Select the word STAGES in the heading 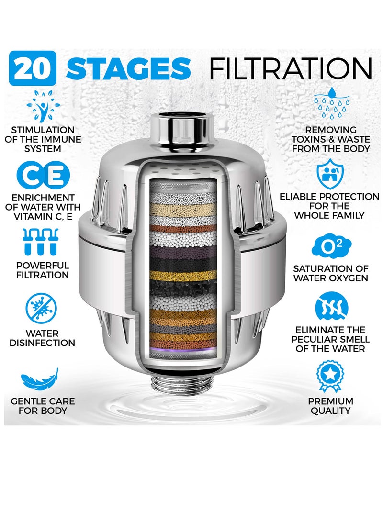(x=128, y=69)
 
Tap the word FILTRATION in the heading (x=291, y=69)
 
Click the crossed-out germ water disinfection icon (x=42, y=309)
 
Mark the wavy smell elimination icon (x=330, y=308)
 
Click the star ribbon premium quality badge (x=330, y=376)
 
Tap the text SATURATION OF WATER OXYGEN (x=330, y=273)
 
